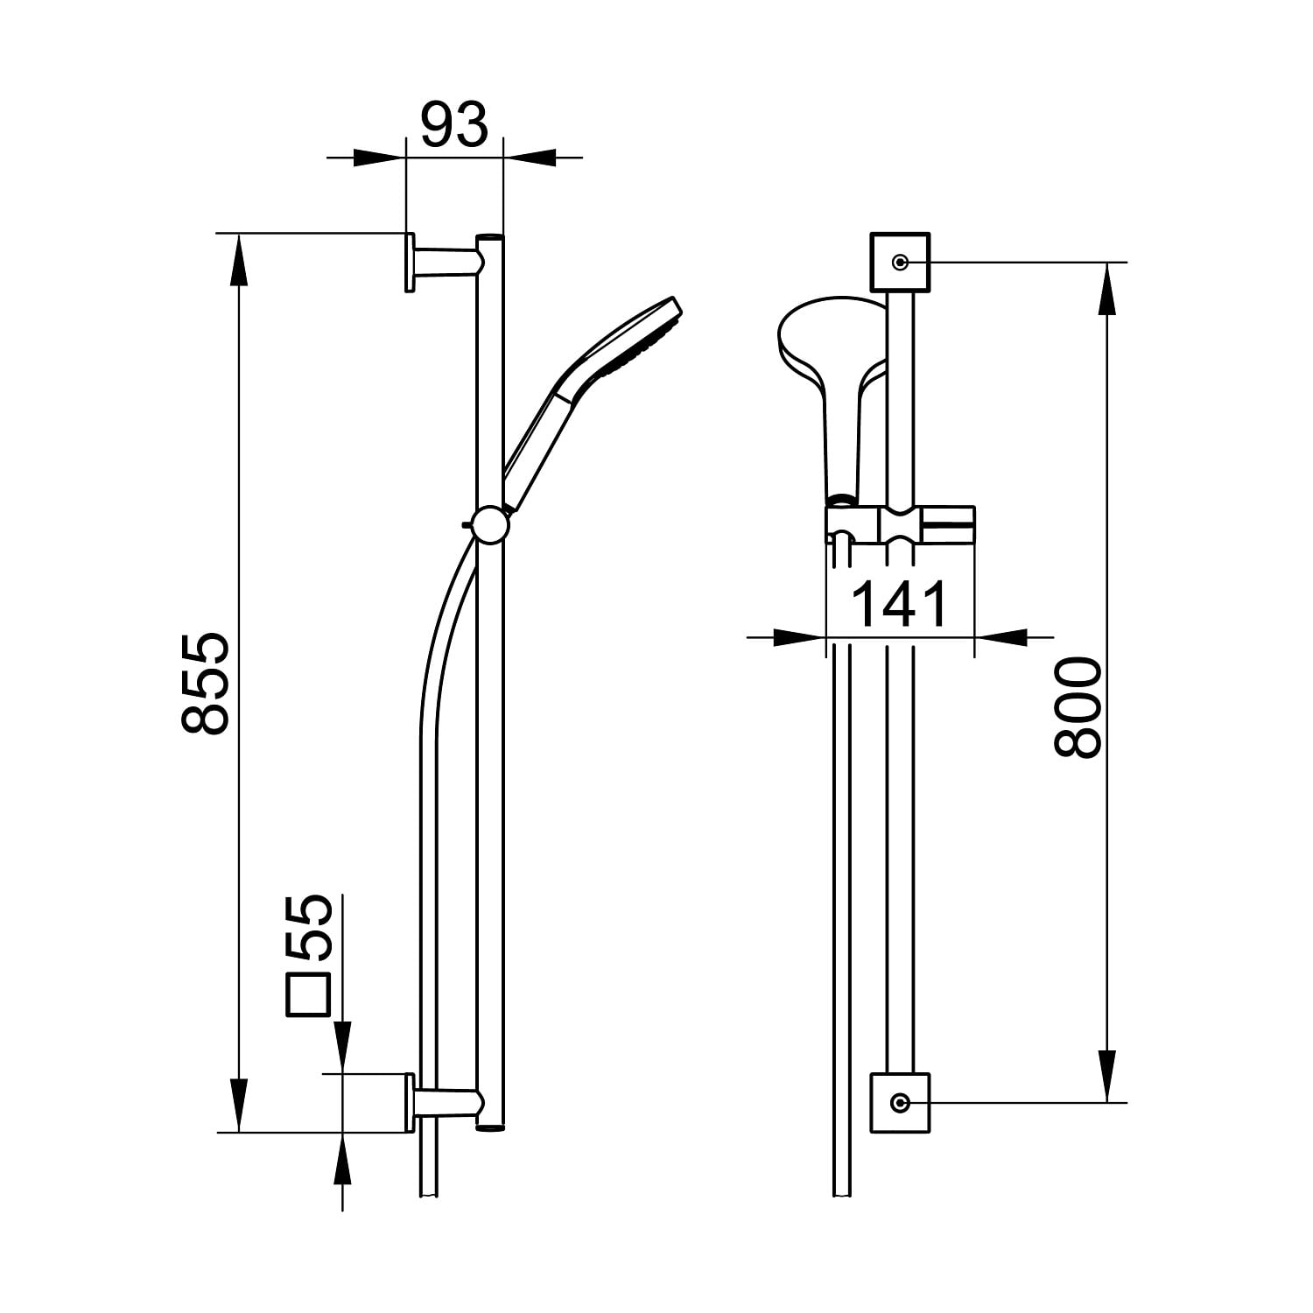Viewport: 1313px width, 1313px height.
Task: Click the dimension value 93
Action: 453,125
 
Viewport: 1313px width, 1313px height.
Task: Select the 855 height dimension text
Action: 206,683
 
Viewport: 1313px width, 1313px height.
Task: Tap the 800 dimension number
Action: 1076,708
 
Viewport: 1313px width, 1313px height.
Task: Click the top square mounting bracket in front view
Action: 900,262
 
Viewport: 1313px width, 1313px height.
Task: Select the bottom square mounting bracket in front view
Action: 900,1103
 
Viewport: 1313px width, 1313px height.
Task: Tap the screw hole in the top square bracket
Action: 900,262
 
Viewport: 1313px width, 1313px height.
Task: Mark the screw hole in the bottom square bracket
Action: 900,1103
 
